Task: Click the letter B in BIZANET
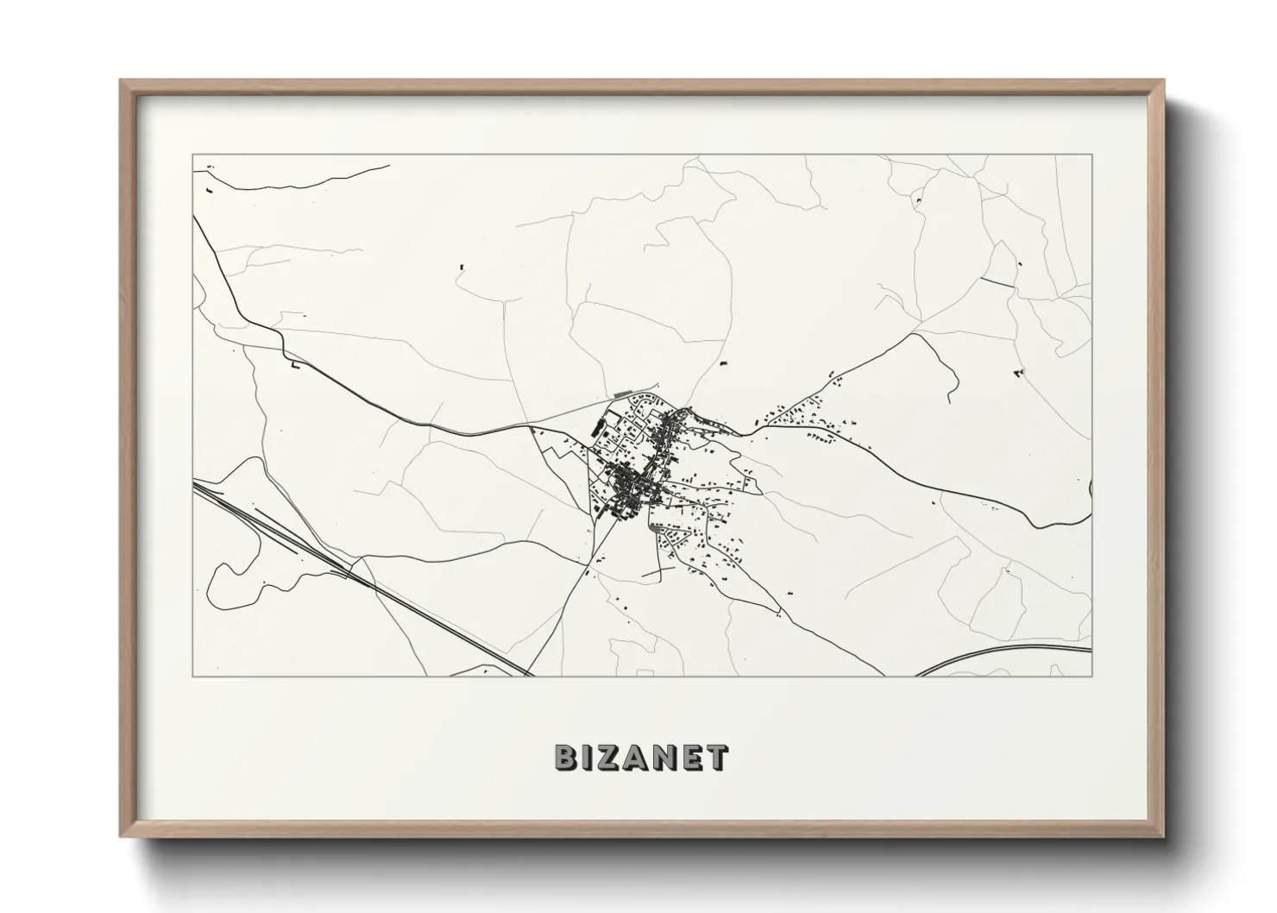coord(565,758)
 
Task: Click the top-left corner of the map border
coord(193,155)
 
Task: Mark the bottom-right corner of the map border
coord(1091,676)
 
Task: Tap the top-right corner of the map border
coord(1091,155)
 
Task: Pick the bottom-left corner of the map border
coord(193,676)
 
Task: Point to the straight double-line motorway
coord(362,579)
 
